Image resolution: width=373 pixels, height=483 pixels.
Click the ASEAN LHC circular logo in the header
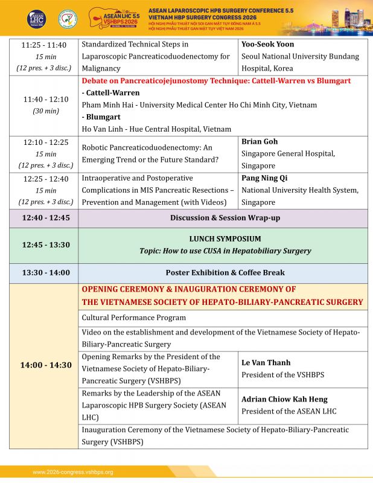click(x=37, y=18)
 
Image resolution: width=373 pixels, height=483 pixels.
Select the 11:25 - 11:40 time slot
click(x=43, y=45)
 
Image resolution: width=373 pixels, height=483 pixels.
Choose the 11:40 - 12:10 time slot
click(x=43, y=99)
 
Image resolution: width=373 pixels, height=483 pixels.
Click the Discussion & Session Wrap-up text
click(x=225, y=217)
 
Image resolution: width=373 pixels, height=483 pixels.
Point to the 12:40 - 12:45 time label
click(x=43, y=217)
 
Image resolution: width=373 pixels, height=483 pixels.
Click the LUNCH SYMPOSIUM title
click(x=225, y=239)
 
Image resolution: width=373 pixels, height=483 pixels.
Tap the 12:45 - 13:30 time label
click(x=43, y=245)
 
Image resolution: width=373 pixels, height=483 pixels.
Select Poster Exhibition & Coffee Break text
click(x=225, y=273)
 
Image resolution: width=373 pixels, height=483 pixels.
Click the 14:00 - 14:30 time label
click(x=43, y=365)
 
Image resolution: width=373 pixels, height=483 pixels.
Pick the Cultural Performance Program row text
click(x=134, y=318)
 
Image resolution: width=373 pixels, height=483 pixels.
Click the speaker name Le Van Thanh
click(x=266, y=363)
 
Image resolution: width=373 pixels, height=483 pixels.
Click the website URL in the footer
click(x=73, y=472)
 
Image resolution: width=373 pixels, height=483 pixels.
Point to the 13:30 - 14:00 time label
click(x=43, y=273)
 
